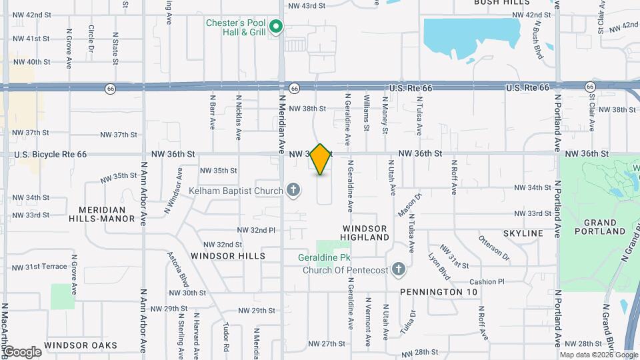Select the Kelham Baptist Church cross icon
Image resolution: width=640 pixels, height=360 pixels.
(293, 191)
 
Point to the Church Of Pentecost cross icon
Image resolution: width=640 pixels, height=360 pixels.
(399, 270)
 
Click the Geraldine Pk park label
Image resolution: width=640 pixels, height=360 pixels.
(333, 257)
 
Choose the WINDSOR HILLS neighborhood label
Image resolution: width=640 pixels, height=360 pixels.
(227, 255)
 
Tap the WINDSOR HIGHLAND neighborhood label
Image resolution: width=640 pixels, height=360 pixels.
(364, 233)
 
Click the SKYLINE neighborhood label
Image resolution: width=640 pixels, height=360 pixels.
(524, 233)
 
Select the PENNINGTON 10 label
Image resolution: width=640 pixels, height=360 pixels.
(439, 292)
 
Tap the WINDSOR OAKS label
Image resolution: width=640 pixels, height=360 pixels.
(81, 345)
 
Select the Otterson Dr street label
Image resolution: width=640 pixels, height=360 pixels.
(494, 247)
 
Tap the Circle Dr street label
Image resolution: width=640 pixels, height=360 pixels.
(91, 40)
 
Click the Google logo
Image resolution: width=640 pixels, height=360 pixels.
(22, 351)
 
